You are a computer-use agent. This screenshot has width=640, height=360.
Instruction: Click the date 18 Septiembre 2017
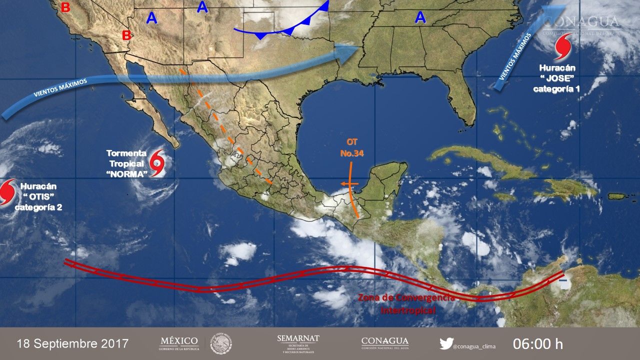[73, 344]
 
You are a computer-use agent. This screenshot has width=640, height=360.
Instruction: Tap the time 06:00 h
[538, 344]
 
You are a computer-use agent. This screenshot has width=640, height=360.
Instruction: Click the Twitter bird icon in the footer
[446, 344]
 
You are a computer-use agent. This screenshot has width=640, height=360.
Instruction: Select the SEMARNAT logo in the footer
[298, 343]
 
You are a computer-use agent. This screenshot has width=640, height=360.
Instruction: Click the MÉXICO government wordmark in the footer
[179, 343]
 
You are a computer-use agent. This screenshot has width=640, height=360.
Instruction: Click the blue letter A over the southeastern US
[420, 18]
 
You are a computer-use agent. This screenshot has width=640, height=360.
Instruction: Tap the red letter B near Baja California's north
[127, 35]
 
